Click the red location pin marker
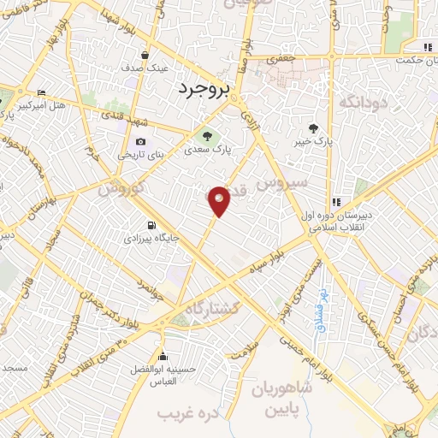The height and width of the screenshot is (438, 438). [x=220, y=201]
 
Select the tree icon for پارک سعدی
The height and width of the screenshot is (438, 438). [x=205, y=134]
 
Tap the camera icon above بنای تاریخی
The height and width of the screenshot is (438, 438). [x=140, y=142]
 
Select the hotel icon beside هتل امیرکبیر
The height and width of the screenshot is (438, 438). [x=41, y=92]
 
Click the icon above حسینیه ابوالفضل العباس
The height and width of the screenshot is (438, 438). [x=162, y=357]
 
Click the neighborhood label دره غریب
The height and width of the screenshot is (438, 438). [x=186, y=413]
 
